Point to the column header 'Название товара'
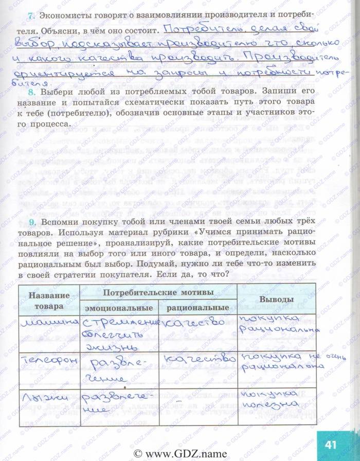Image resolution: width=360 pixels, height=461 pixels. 49,300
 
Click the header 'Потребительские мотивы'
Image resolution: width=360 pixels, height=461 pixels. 158,292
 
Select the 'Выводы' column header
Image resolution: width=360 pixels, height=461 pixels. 276,299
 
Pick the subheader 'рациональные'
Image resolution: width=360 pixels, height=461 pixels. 197,308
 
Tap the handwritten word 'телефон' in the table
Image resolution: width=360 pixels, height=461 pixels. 48,361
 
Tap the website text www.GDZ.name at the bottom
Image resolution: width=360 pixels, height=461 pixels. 179,453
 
